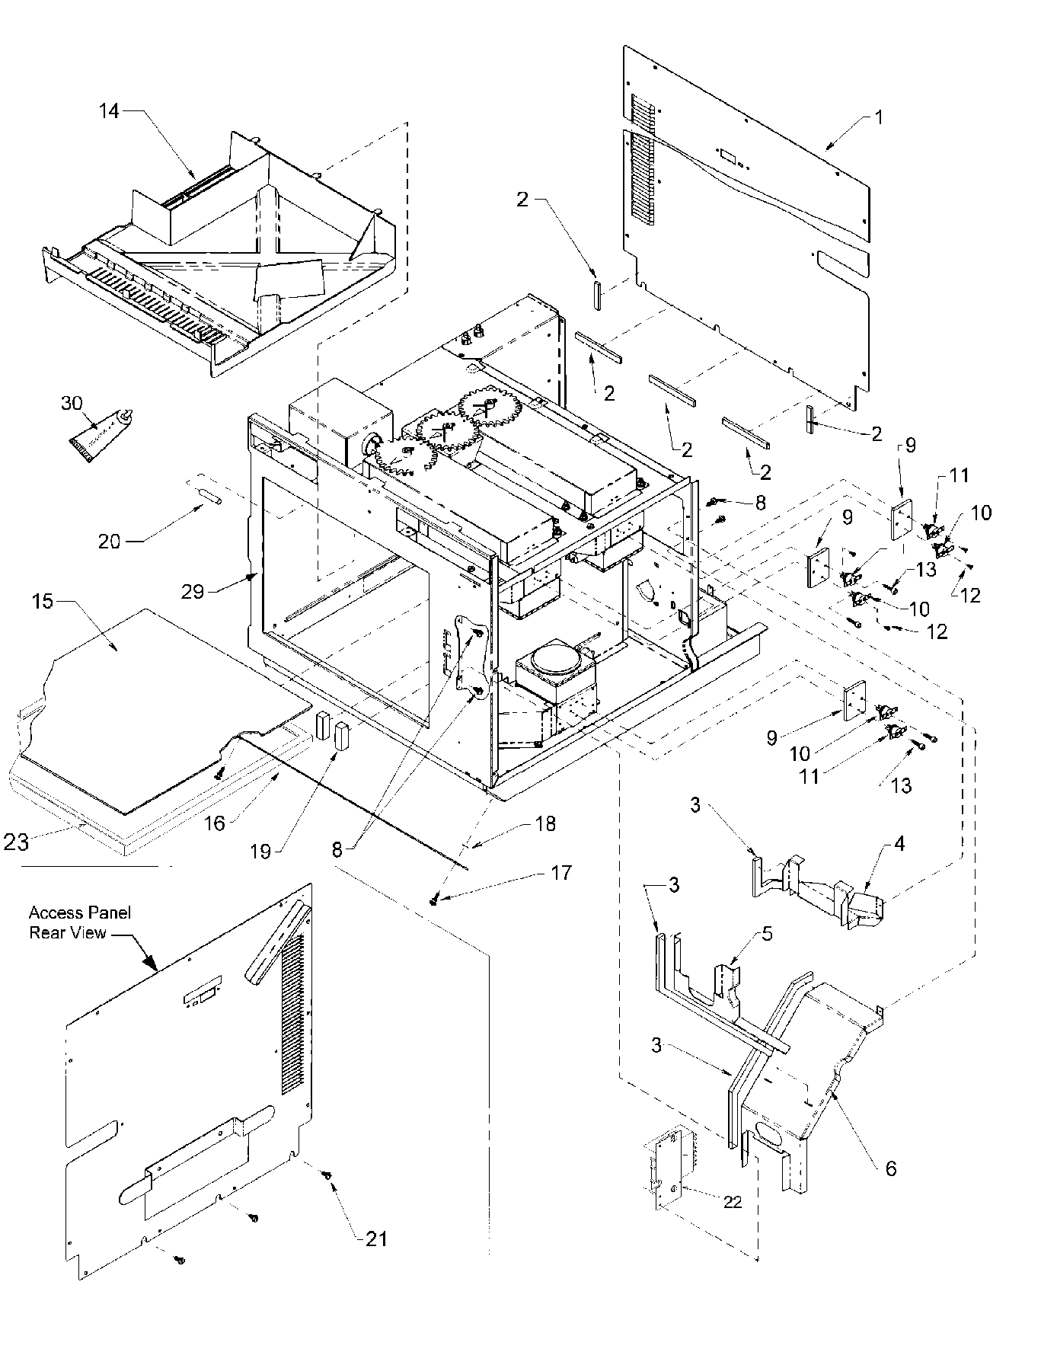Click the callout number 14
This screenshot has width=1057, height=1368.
(x=109, y=111)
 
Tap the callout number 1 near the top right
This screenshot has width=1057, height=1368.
(x=878, y=118)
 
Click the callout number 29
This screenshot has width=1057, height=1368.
(x=193, y=590)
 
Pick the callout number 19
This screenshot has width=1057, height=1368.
(x=261, y=851)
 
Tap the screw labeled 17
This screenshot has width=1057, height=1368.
(x=435, y=901)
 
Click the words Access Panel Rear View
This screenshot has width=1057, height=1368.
(x=80, y=922)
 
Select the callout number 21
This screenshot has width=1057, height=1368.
(x=377, y=1239)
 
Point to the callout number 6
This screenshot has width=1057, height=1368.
(x=889, y=1168)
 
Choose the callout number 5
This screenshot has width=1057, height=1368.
(x=767, y=935)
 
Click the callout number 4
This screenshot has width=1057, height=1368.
(x=899, y=844)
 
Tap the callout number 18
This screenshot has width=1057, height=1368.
(x=545, y=823)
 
